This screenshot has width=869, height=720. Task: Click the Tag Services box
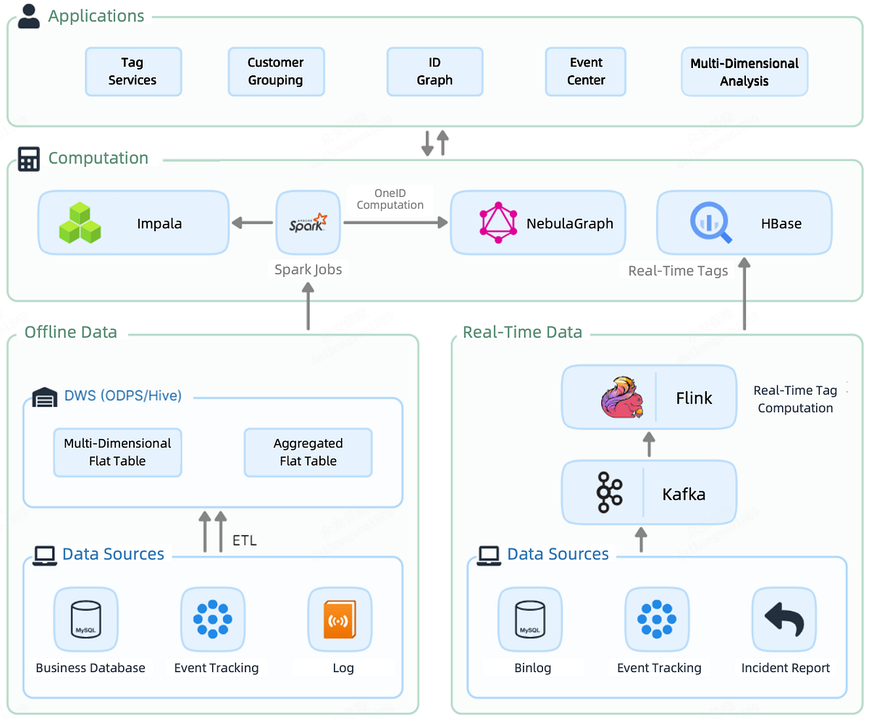pos(133,72)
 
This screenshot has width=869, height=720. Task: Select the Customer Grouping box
pos(275,72)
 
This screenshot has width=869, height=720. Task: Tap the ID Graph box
pos(434,72)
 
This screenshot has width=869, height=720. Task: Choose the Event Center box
pos(585,72)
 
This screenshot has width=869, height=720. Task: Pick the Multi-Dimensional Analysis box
pos(744,72)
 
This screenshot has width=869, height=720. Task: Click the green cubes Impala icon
pos(80,223)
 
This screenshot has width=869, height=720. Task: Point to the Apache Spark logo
pos(308,223)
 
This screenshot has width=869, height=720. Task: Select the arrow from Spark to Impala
pos(252,223)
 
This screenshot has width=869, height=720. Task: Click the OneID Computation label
pos(390,199)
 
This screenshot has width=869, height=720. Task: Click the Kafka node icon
pos(609,494)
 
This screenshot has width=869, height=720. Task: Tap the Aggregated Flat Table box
pos(308,452)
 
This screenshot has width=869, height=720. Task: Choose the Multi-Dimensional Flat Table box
pos(117,452)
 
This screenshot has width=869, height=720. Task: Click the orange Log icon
pos(339,619)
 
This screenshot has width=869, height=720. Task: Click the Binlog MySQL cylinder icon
pos(529,619)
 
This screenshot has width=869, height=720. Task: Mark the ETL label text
pos(244,540)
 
